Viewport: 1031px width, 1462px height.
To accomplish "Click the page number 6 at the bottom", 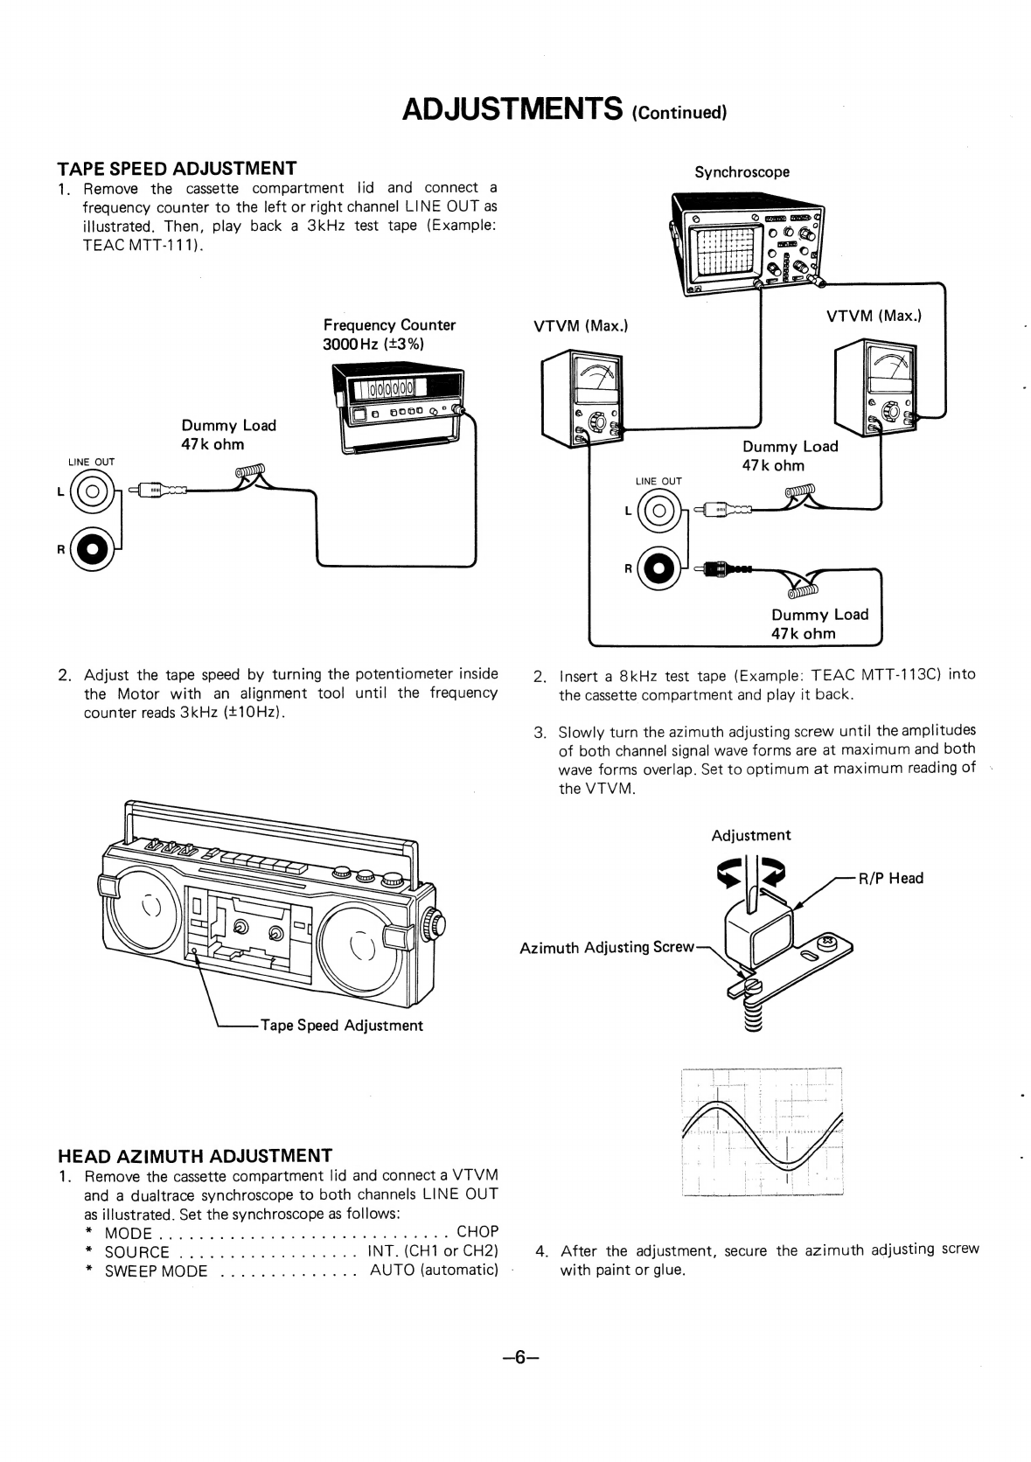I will click(519, 1357).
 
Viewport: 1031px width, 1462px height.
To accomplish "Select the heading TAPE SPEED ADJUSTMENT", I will click(177, 168).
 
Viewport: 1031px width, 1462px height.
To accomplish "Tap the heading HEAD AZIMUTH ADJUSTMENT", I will click(194, 1155).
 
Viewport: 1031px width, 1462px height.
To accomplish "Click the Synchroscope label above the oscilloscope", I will click(742, 172).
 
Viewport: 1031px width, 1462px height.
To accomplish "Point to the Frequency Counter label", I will click(389, 325).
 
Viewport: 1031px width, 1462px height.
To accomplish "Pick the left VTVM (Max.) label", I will click(581, 326).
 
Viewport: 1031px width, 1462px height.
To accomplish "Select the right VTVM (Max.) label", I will click(874, 316).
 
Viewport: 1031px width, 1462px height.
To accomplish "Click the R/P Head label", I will click(890, 878).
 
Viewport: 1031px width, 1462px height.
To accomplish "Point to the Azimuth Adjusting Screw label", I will click(607, 947).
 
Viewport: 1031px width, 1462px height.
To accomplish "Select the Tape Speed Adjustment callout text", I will click(341, 1025).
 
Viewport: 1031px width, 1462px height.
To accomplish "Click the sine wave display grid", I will click(762, 1131).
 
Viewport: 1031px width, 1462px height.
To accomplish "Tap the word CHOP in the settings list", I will click(477, 1232).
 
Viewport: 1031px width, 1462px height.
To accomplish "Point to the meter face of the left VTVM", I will click(596, 379).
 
